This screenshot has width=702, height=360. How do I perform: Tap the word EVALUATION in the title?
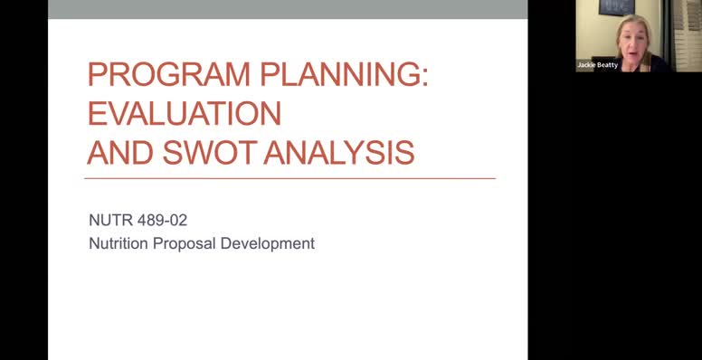click(x=184, y=113)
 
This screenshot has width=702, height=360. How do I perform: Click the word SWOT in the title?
click(x=210, y=152)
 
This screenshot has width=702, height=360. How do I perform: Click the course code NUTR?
click(x=109, y=220)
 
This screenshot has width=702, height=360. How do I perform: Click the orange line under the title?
click(x=289, y=178)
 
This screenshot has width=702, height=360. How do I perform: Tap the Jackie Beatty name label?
click(x=598, y=65)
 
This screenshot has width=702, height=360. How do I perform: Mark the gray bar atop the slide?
click(x=288, y=9)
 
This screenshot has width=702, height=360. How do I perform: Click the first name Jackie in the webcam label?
click(x=588, y=65)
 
